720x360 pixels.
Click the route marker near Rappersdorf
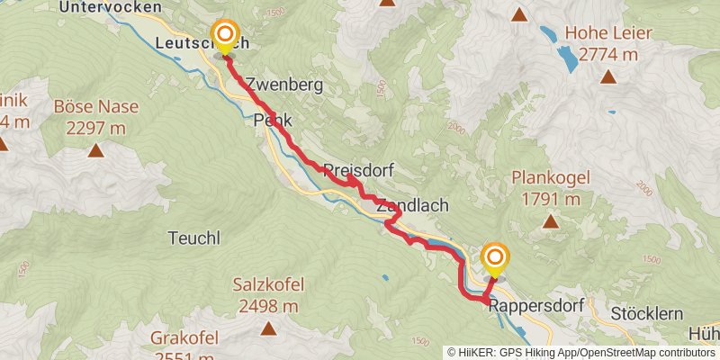495,259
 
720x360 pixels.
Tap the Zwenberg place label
283,84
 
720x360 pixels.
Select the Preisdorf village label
358,169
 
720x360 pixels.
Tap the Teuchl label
193,238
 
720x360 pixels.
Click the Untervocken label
111,7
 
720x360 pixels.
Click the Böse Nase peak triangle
95,150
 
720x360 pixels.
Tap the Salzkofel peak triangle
268,328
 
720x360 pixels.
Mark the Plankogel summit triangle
549,221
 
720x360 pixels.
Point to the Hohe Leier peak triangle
609,76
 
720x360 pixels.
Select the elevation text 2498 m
268,306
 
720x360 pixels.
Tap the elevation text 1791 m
549,199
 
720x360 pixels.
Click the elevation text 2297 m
95,128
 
